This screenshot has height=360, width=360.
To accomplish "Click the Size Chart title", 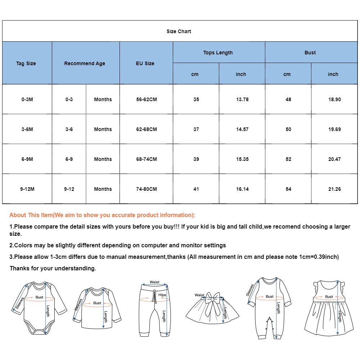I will (x=179, y=31).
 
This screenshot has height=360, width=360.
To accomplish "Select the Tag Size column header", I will (x=26, y=63).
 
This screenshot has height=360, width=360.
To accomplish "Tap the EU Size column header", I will (x=145, y=63).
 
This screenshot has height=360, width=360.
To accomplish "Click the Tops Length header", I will (x=218, y=53).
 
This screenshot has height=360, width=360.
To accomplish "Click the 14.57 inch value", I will (x=242, y=129).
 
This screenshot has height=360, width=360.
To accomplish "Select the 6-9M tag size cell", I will (x=27, y=159).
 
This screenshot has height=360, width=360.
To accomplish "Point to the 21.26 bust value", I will (x=334, y=189).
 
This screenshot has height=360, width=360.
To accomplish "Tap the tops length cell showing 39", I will (x=196, y=159).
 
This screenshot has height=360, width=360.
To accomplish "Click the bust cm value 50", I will (x=288, y=129).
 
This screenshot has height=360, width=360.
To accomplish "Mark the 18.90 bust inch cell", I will (x=334, y=99).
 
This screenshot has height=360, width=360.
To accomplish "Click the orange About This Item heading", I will (x=103, y=215).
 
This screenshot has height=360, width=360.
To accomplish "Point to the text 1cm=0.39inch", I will (x=318, y=257).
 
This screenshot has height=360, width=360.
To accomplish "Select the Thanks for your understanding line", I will (x=53, y=268).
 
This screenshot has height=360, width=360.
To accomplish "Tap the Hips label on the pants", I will (x=162, y=295).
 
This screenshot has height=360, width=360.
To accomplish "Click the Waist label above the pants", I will (x=154, y=282).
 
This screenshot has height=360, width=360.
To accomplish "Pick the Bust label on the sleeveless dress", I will (x=329, y=297).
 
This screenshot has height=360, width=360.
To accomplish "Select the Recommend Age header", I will (x=85, y=63).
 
